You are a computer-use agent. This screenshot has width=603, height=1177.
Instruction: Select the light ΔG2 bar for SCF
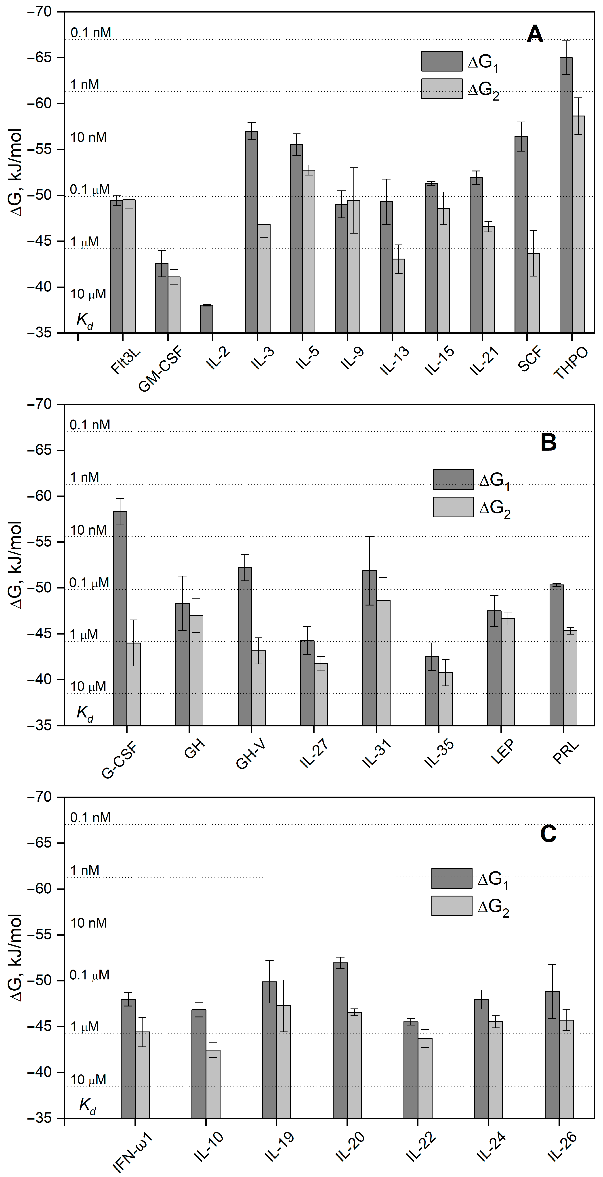click(x=533, y=292)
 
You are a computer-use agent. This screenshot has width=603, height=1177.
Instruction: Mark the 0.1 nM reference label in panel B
click(x=90, y=425)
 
